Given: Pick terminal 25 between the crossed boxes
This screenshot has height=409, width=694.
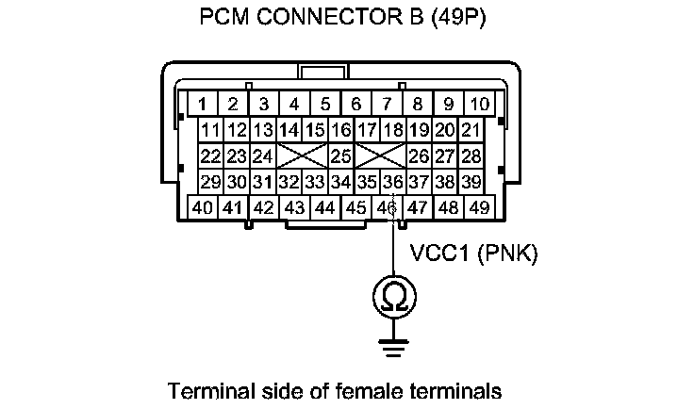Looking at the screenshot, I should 340,155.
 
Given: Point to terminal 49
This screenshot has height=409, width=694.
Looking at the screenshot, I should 479,206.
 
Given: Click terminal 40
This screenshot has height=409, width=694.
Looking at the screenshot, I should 202,206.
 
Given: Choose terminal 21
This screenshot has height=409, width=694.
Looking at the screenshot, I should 471,129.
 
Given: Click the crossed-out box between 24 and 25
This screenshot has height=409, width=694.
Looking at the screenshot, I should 303,155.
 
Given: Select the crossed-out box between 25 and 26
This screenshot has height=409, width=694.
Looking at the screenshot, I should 381,155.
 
